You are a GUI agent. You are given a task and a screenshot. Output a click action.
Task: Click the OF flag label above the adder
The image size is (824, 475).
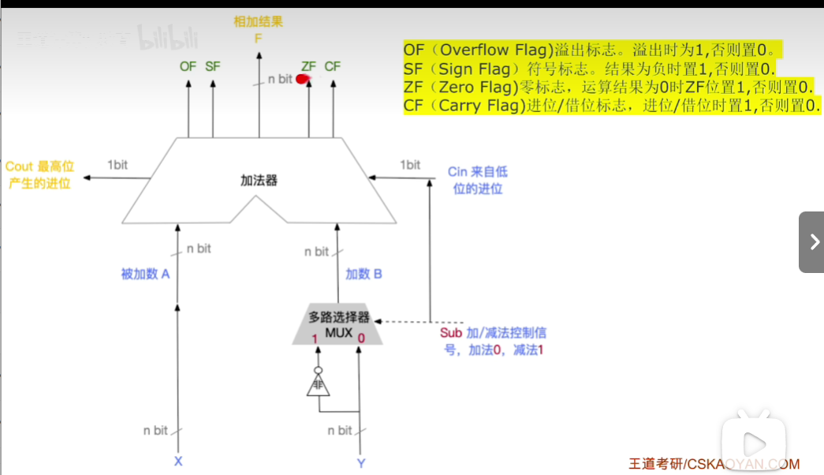tap(188, 67)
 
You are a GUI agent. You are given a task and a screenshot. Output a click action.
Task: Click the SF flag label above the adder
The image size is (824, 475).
tap(213, 67)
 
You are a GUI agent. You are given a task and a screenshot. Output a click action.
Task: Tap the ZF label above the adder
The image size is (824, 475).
tap(308, 67)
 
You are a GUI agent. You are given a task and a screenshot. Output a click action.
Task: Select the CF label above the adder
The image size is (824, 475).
tap(333, 67)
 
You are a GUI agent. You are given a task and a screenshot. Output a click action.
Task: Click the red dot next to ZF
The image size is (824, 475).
tap(301, 79)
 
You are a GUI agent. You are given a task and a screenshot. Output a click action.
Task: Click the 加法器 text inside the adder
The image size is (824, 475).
tap(259, 181)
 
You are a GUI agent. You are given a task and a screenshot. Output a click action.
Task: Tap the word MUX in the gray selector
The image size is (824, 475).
tap(338, 332)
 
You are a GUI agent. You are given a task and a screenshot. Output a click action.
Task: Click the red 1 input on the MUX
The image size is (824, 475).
tap(314, 338)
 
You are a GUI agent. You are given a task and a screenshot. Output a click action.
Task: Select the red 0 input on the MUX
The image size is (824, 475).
tap(361, 338)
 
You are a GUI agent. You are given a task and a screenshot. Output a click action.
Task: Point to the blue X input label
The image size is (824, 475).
tap(178, 462)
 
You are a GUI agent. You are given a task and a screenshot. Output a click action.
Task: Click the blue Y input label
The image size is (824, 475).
tap(361, 463)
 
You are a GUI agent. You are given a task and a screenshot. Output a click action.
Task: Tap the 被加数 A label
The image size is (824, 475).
tap(146, 275)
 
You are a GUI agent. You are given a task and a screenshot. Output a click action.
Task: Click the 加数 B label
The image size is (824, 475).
tap(364, 275)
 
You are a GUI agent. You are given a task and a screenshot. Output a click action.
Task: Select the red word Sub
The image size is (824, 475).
tap(451, 333)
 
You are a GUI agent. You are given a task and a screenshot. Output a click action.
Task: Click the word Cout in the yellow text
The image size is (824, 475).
tap(19, 166)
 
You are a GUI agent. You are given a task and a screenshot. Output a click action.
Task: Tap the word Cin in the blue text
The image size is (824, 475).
tap(457, 172)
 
